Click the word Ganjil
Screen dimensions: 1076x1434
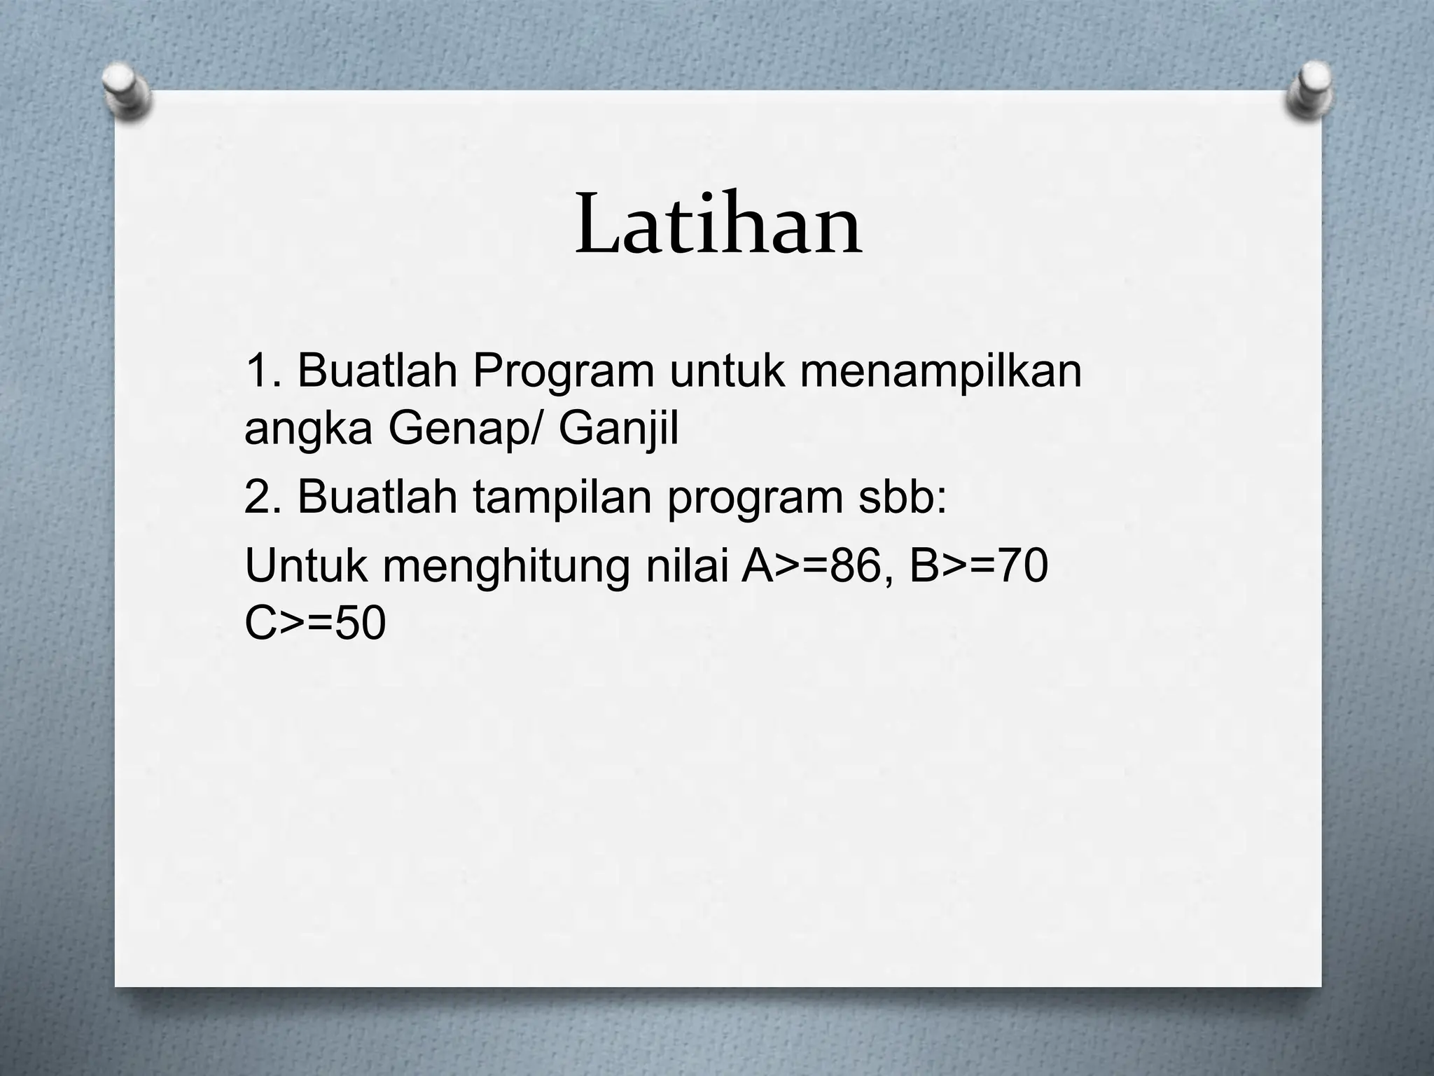pos(618,428)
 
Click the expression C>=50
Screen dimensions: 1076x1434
pos(315,623)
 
